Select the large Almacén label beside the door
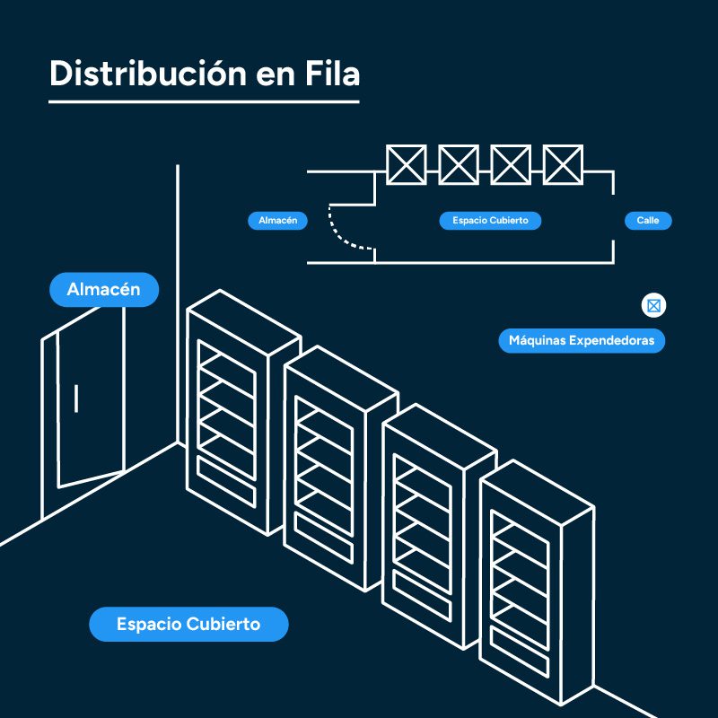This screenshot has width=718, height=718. click(x=103, y=290)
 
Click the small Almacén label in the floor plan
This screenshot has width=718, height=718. click(x=277, y=220)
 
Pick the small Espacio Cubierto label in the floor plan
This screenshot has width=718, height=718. click(x=490, y=220)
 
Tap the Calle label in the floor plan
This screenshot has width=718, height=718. click(x=647, y=220)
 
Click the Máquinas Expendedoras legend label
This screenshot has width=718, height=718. click(x=582, y=341)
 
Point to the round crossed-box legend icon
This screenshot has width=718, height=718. click(x=653, y=306)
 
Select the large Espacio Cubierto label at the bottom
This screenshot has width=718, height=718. click(x=188, y=624)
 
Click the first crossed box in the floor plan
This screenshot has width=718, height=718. click(x=407, y=164)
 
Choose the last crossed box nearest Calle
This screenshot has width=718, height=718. click(x=563, y=164)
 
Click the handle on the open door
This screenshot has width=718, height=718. click(x=76, y=398)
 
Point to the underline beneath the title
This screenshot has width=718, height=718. click(x=204, y=101)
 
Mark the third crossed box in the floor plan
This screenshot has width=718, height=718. click(x=511, y=164)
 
